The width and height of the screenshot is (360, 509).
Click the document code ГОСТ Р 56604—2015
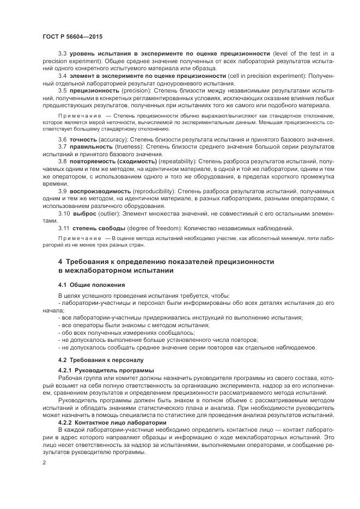tap(72, 36)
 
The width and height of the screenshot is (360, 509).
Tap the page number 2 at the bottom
tap(44, 462)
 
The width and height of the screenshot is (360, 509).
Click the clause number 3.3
tap(63, 53)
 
